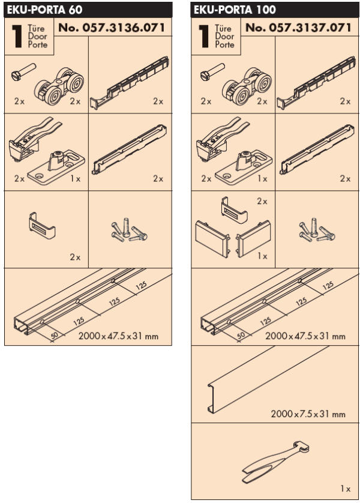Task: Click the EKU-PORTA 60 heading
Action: (44, 10)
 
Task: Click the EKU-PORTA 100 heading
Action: (235, 10)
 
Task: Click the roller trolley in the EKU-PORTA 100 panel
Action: (247, 86)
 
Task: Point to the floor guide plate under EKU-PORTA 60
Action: (56, 167)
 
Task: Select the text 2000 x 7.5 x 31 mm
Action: (308, 414)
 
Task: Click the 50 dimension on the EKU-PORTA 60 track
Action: (55, 335)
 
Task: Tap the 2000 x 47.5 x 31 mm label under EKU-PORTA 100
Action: (305, 336)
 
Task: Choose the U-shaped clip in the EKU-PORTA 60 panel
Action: (42, 225)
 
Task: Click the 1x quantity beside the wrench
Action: (345, 489)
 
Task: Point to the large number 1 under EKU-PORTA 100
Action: (203, 36)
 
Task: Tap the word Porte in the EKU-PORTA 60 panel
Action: (38, 44)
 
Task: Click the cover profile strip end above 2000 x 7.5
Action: (212, 398)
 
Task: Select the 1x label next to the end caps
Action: (262, 256)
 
